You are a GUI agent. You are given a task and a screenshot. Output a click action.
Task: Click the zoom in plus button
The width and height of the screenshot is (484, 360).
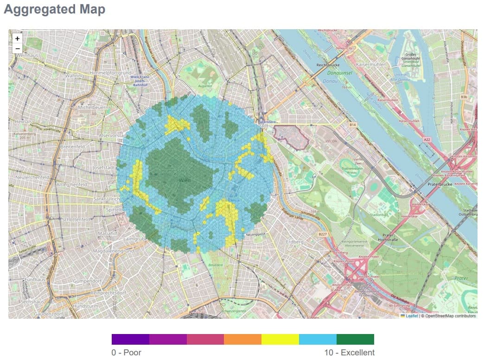(x=18, y=39)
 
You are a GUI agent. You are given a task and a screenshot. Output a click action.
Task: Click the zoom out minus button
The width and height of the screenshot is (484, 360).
(x=18, y=49)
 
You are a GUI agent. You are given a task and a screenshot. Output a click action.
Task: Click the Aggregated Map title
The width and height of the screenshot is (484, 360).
(x=54, y=9)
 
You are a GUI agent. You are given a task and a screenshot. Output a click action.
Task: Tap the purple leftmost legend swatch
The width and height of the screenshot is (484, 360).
(x=130, y=339)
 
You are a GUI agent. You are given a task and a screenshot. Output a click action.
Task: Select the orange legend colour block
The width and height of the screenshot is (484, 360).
(x=242, y=339)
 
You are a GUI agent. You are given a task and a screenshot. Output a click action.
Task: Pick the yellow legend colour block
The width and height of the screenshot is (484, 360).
(x=280, y=339)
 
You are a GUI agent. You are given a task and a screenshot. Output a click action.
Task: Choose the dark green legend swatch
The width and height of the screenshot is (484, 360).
(x=355, y=339)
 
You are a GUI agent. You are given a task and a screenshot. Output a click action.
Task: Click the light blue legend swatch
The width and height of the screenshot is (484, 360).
(x=318, y=339)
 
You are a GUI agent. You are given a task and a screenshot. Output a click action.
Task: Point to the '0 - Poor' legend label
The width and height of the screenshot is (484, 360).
(x=126, y=353)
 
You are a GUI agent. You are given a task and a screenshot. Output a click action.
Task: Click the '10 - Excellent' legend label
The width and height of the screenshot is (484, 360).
(x=349, y=353)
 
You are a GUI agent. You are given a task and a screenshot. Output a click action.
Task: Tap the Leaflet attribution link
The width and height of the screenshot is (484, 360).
(x=411, y=316)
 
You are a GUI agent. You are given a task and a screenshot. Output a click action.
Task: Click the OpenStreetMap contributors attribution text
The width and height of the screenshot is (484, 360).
(x=450, y=316)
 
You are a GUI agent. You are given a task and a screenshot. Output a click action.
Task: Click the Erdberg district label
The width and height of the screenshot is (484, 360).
(x=295, y=242)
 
